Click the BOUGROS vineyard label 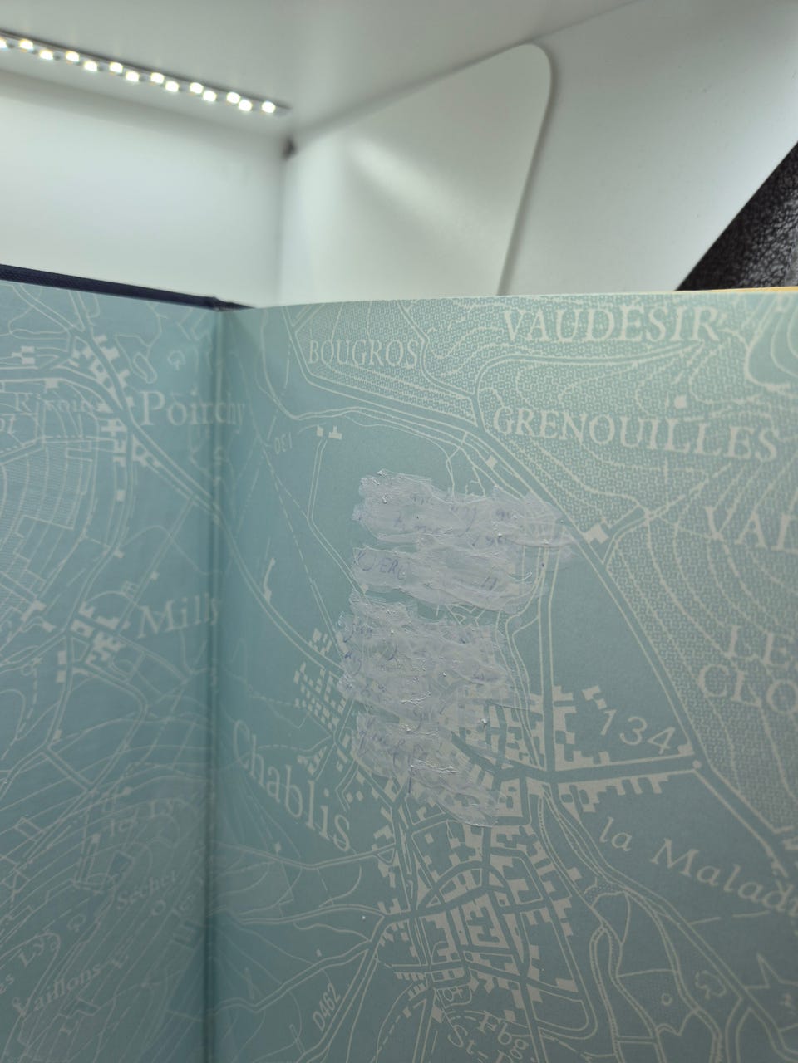361,354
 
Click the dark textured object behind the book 748,233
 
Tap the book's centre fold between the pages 214,664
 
